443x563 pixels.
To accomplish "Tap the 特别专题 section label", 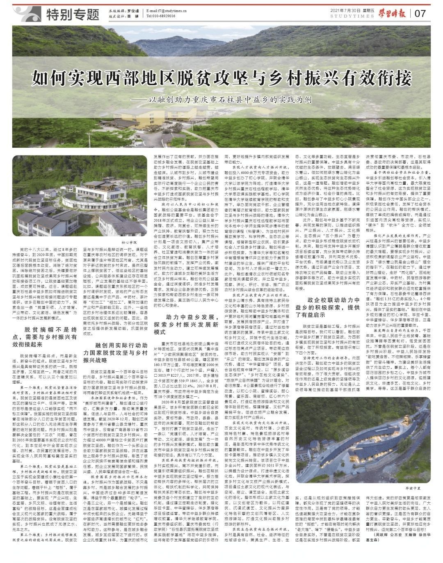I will click(73, 14).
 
